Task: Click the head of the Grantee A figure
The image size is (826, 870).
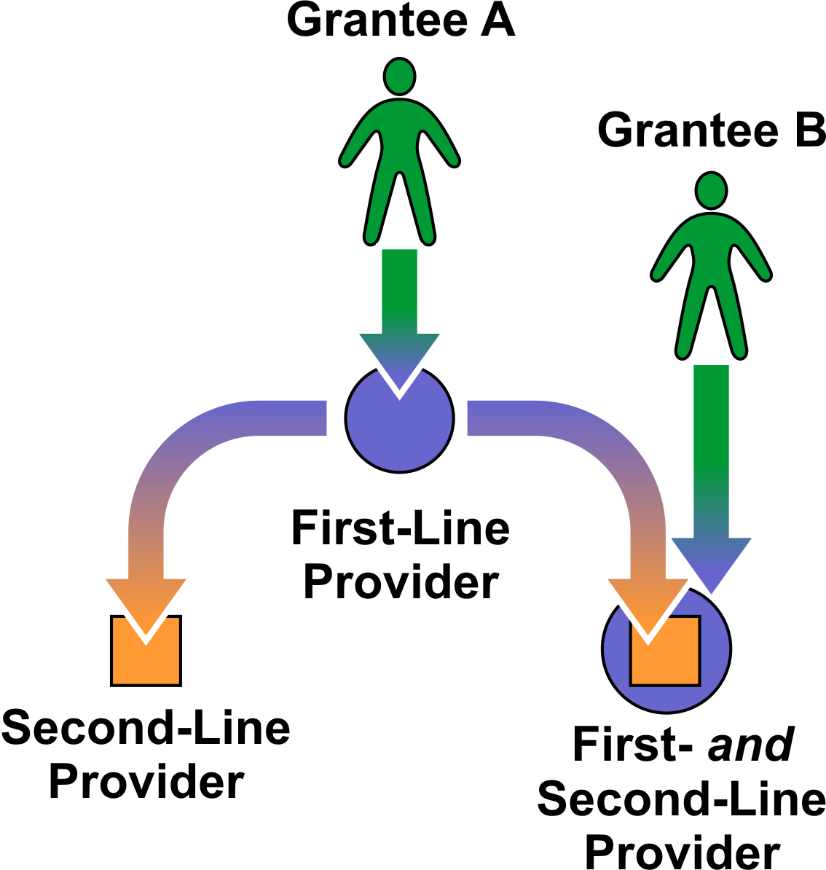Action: pos(399,76)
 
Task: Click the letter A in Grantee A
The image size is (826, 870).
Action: pos(497,20)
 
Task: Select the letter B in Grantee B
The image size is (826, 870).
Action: pos(809,130)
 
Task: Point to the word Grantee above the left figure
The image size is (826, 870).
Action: pos(377,20)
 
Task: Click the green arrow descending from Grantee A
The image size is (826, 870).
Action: pos(399,306)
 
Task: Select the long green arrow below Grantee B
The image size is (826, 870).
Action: pos(711,452)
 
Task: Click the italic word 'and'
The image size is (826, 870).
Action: pos(750,745)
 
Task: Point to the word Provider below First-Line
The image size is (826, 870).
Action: pos(400,582)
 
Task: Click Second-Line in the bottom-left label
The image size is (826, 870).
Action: pos(146,728)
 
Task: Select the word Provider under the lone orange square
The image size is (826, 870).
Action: pos(146,782)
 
